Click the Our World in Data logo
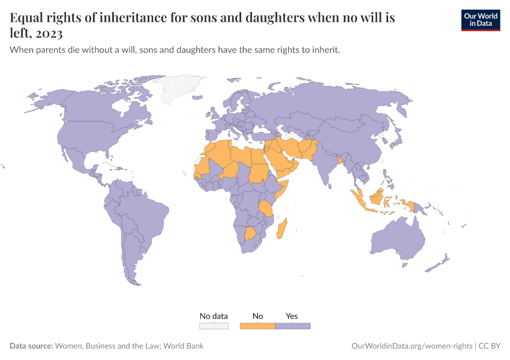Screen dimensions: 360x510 [x=480, y=20]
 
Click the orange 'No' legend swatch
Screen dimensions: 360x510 [x=257, y=326]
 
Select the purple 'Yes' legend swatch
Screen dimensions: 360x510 [x=292, y=326]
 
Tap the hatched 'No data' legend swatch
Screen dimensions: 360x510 [x=214, y=326]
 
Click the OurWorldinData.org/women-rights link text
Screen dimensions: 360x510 [x=411, y=346]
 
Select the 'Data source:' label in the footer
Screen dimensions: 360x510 [x=31, y=346]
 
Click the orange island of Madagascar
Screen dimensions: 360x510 [x=283, y=230]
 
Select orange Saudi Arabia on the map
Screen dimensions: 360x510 [x=280, y=158]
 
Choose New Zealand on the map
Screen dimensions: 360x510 [x=443, y=261]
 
